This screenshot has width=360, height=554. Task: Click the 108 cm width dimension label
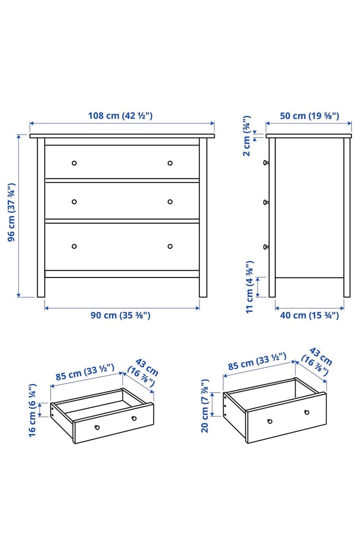click(120, 116)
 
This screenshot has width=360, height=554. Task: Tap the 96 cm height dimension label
click(12, 212)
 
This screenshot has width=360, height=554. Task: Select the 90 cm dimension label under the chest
click(120, 315)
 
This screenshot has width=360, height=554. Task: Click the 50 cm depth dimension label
click(309, 116)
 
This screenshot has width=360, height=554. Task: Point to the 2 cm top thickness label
click(247, 136)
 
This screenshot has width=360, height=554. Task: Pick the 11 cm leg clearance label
click(250, 287)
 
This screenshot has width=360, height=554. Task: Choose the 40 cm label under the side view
click(309, 315)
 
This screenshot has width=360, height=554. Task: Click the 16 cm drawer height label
click(32, 411)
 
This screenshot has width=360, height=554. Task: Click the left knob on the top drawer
click(74, 163)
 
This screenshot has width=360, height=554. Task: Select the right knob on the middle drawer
click(170, 202)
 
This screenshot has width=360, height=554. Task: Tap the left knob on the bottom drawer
click(74, 246)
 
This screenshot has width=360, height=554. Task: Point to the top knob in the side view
click(266, 163)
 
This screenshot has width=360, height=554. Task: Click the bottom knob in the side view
click(266, 247)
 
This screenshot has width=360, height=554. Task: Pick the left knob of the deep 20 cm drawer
click(270, 422)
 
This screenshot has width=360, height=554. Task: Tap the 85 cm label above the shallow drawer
click(85, 372)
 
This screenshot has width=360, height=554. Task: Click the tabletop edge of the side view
click(309, 136)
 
